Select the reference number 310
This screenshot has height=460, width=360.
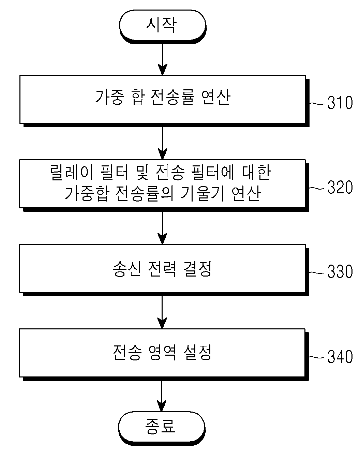point(340,103)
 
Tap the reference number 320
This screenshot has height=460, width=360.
point(340,187)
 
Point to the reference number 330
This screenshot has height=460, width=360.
point(340,272)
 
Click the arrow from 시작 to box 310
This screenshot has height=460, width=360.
point(162,59)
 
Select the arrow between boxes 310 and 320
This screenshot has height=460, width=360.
point(162,143)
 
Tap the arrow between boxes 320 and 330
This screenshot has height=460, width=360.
point(162,228)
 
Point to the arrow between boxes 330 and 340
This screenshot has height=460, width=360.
point(162,312)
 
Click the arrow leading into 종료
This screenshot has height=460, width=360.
point(161,396)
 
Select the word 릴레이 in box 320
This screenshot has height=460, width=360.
point(72,173)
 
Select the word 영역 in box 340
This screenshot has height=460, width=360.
point(162,353)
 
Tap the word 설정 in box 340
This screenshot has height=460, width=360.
point(197,353)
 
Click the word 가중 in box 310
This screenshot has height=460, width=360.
point(109,98)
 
